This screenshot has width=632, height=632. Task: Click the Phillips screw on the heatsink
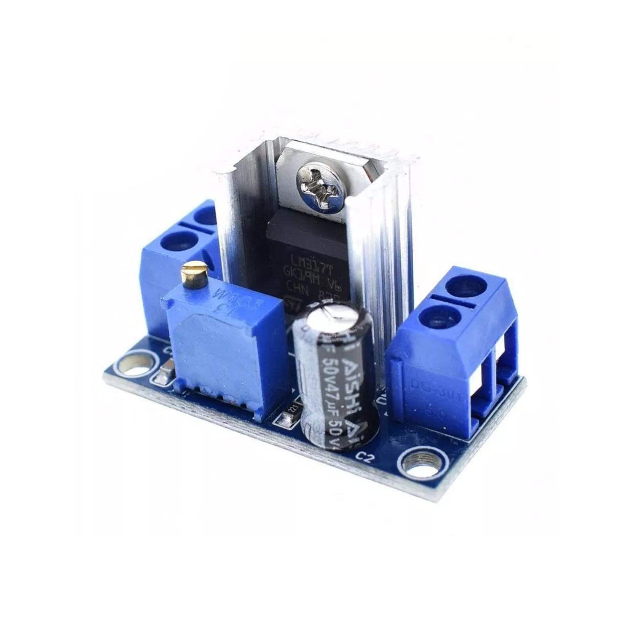point(323,182)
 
